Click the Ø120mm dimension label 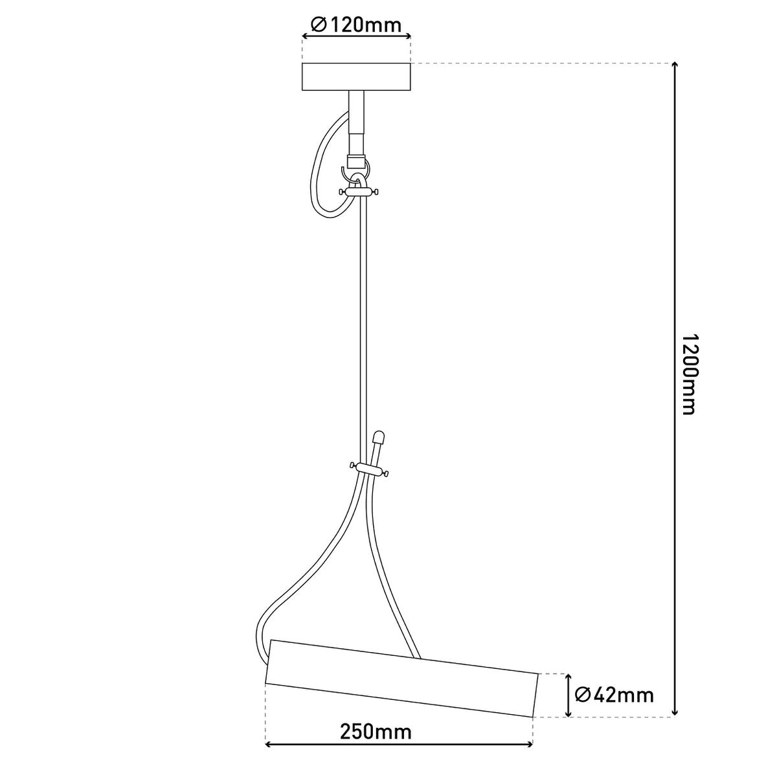356,25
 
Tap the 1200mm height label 688,375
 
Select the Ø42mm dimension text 614,695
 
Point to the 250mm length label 376,733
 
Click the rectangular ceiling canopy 356,76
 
